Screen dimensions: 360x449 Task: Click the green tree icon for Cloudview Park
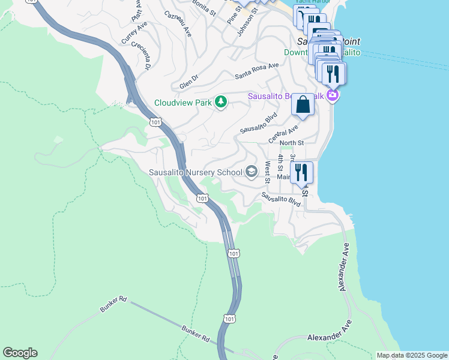tap(221, 103)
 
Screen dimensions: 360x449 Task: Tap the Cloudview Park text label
tap(184, 103)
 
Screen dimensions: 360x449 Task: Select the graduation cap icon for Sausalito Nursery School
tap(252, 173)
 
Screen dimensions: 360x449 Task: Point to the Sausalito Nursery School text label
tap(196, 173)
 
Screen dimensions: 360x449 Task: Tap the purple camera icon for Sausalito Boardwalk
tap(333, 95)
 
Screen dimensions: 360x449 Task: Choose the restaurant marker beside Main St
tap(302, 173)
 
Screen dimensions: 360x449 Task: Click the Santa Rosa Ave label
tap(257, 70)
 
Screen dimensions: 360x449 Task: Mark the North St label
tap(292, 143)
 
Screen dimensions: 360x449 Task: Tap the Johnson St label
tap(246, 22)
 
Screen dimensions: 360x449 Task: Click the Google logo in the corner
tap(20, 353)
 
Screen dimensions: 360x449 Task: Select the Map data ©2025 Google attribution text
tap(412, 355)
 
